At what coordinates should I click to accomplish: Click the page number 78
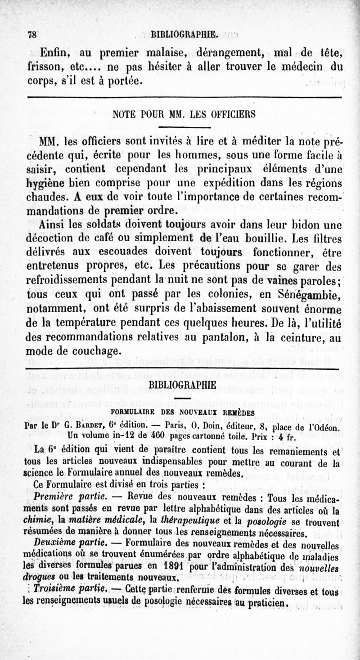click(x=33, y=34)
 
